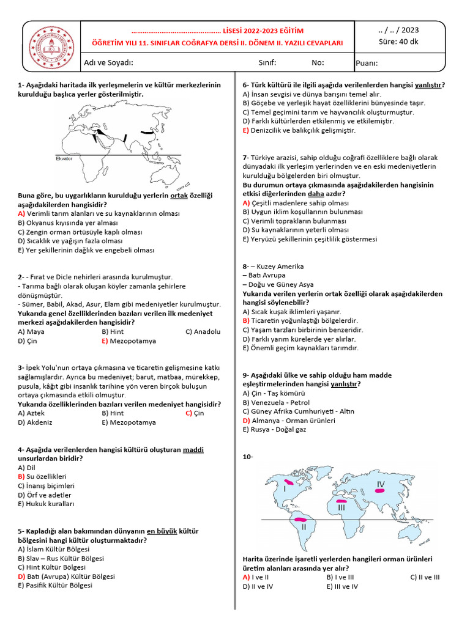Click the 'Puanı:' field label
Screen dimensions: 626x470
pos(367,63)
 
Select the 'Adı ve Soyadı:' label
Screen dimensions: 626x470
pos(108,62)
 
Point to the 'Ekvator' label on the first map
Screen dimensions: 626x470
pos(64,158)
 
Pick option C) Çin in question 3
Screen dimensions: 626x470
pos(195,413)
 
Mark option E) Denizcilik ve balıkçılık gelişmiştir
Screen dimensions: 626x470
pos(299,131)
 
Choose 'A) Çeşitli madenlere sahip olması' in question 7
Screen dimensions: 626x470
pos(296,202)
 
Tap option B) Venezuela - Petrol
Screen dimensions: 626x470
pos(276,403)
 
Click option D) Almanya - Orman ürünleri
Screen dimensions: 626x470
pos(289,421)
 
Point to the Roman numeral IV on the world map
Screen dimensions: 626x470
pos(380,484)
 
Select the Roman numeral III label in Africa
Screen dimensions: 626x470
pos(341,507)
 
